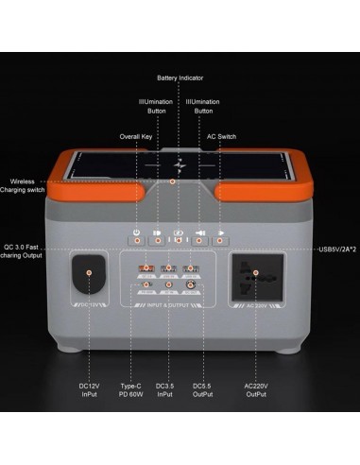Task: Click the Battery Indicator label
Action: (x=179, y=77)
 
